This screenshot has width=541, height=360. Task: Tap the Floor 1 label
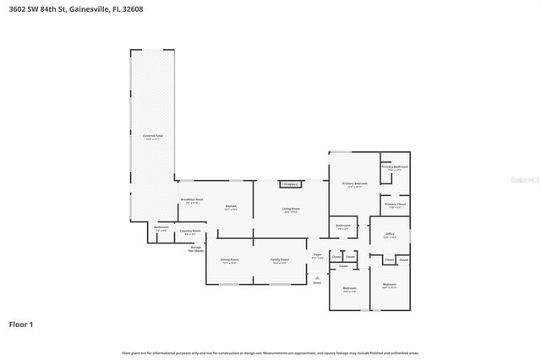pyautogui.click(x=21, y=324)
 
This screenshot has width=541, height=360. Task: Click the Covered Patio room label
pyautogui.click(x=152, y=135)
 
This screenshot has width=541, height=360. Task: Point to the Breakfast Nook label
pyautogui.click(x=191, y=200)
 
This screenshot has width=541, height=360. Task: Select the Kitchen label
pyautogui.click(x=230, y=206)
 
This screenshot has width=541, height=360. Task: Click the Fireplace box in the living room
pyautogui.click(x=290, y=183)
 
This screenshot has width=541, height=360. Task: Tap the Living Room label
pyautogui.click(x=291, y=208)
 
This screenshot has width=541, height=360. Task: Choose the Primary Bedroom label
pyautogui.click(x=354, y=183)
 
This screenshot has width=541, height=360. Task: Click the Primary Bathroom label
pyautogui.click(x=395, y=166)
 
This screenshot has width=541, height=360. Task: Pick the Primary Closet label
pyautogui.click(x=395, y=204)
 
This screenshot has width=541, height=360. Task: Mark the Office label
pyautogui.click(x=390, y=233)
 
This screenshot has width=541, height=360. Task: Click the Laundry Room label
pyautogui.click(x=190, y=230)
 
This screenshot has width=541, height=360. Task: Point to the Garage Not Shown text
pyautogui.click(x=195, y=250)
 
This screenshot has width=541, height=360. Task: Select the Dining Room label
pyautogui.click(x=229, y=259)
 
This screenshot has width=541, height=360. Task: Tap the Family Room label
pyautogui.click(x=279, y=259)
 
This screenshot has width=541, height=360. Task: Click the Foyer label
pyautogui.click(x=318, y=254)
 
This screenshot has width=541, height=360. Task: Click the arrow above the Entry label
pyautogui.click(x=317, y=275)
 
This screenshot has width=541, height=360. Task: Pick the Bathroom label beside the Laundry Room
pyautogui.click(x=161, y=226)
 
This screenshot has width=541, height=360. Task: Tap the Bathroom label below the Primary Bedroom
pyautogui.click(x=343, y=225)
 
